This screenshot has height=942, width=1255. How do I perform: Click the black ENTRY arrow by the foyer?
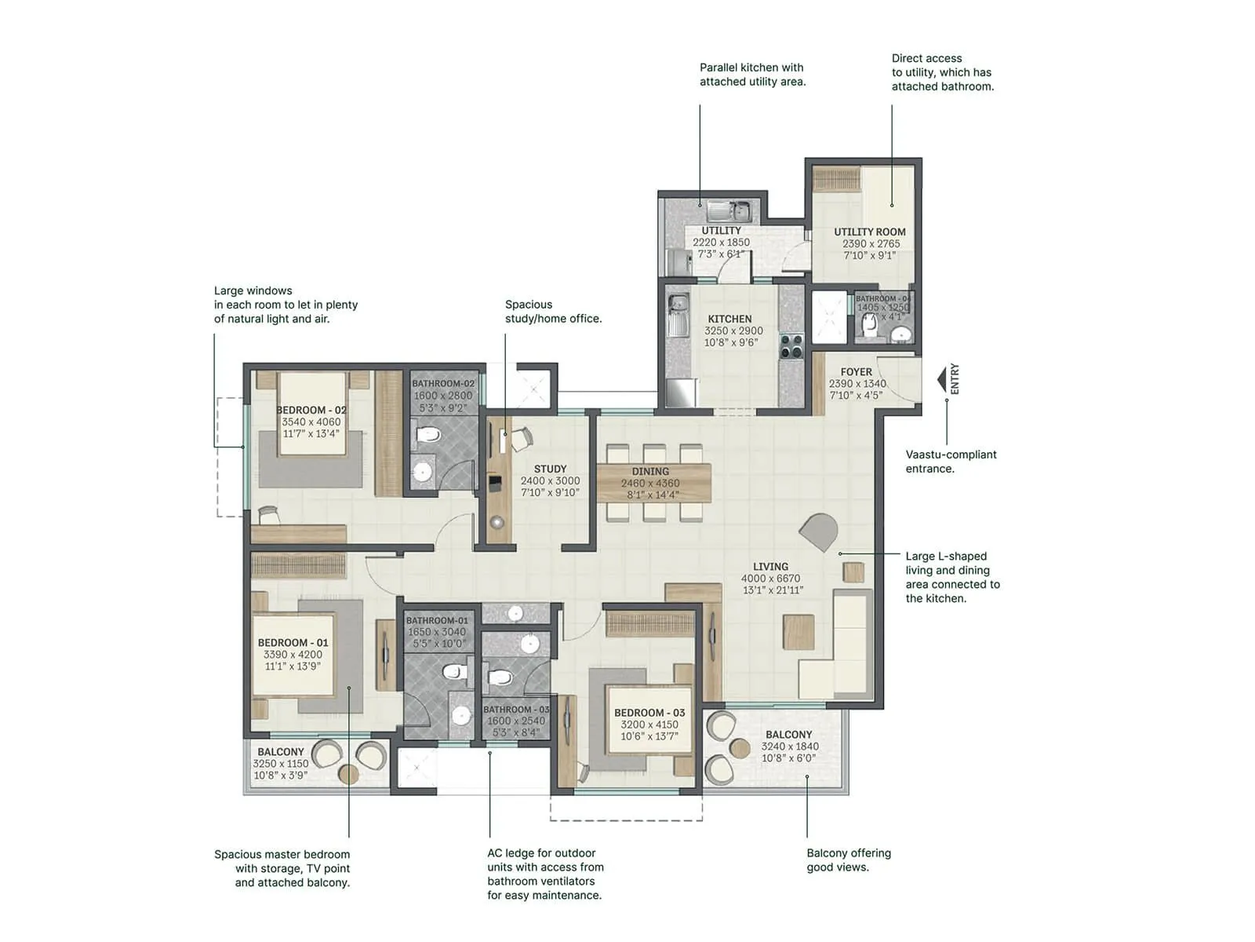click(943, 381)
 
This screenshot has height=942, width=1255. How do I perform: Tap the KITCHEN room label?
click(729, 319)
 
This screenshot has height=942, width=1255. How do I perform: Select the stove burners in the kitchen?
click(791, 345)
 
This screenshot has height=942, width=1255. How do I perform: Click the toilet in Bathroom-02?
click(428, 434)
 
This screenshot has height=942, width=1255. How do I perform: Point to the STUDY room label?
click(550, 469)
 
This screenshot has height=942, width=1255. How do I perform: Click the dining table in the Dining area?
click(653, 483)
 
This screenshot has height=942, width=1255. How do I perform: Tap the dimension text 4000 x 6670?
click(770, 579)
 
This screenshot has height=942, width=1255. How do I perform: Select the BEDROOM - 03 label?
click(649, 713)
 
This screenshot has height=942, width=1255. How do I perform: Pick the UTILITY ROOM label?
click(869, 232)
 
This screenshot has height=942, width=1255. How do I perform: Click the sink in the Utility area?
click(729, 210)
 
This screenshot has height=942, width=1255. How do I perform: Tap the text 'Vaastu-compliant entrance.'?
click(951, 462)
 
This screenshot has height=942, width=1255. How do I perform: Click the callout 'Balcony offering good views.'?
click(848, 860)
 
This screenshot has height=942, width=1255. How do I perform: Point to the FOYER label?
click(856, 372)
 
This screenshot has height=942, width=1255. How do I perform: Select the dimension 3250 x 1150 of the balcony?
click(280, 763)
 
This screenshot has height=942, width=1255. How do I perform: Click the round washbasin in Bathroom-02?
click(422, 471)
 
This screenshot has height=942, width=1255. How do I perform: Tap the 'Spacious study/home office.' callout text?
click(552, 312)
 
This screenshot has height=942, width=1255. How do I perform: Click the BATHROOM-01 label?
click(437, 620)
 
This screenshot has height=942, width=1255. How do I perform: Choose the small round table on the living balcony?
click(740, 748)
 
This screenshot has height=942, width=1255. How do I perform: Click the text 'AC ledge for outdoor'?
click(540, 853)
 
